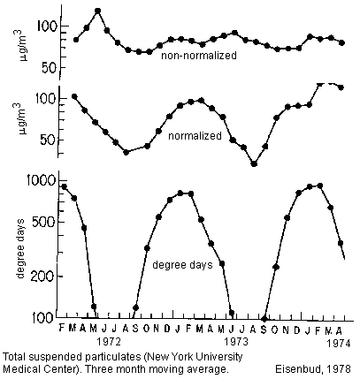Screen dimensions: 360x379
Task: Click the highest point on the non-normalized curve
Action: (98, 11)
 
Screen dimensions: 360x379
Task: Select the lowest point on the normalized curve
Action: (254, 163)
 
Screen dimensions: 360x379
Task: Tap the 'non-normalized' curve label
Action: (199, 56)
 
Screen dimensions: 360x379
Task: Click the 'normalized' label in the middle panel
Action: (195, 136)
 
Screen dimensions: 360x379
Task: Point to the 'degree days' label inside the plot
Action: (182, 265)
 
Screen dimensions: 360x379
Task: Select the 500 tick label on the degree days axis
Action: (43, 221)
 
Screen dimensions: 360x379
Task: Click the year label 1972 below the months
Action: (109, 342)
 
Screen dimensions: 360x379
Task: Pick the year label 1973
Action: (236, 342)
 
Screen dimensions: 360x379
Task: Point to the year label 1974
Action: (339, 344)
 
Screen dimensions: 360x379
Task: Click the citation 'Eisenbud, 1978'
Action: (313, 369)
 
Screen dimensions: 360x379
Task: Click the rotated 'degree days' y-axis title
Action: (20, 248)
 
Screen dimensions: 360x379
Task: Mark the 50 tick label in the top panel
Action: (51, 67)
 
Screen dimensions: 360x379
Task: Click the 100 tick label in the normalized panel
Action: (47, 97)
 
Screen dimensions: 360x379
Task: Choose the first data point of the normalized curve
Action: (74, 96)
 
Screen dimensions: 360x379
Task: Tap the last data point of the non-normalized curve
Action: (341, 42)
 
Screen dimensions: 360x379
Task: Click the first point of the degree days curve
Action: (64, 186)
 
